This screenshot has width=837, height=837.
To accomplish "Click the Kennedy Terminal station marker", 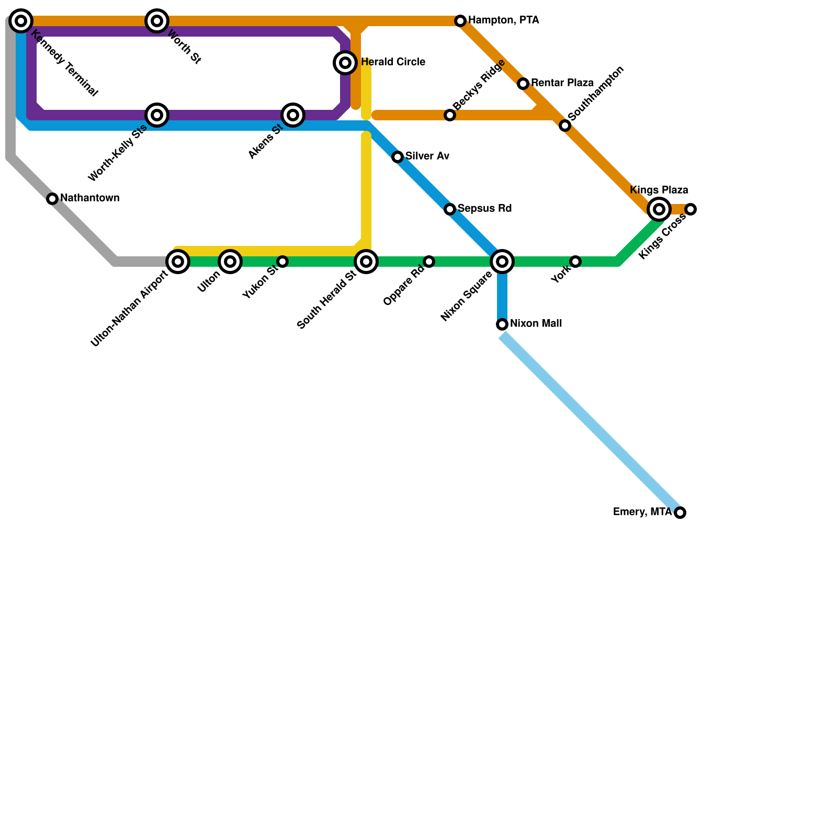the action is [21, 21].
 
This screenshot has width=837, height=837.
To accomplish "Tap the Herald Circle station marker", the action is [345, 63].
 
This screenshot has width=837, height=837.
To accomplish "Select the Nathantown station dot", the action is [52, 199].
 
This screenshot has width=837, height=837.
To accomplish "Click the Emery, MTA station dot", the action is [680, 513].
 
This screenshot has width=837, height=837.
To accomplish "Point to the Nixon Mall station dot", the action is [502, 324].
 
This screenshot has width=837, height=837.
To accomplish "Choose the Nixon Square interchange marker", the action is [502, 262].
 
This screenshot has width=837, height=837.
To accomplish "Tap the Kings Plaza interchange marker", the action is [659, 209].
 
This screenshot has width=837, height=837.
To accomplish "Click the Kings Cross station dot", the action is [691, 209].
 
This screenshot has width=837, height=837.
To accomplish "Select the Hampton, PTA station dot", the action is [460, 21].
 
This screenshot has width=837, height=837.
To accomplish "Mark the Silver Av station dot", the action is [398, 157].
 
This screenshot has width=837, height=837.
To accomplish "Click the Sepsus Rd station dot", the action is [450, 209].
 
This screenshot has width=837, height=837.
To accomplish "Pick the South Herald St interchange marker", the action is [366, 262].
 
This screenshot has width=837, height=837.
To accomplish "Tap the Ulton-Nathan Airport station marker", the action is [178, 262].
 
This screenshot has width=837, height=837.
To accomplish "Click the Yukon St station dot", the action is [282, 262].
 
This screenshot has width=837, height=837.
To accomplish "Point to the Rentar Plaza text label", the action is [562, 83].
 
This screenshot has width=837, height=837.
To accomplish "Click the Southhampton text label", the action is [595, 93].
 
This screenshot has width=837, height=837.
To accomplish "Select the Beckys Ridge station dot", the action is [450, 115].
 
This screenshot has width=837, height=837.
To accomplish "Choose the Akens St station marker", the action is [293, 115].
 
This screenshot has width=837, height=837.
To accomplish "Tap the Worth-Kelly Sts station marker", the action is [157, 115].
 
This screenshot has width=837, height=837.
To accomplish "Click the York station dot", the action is [575, 262].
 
